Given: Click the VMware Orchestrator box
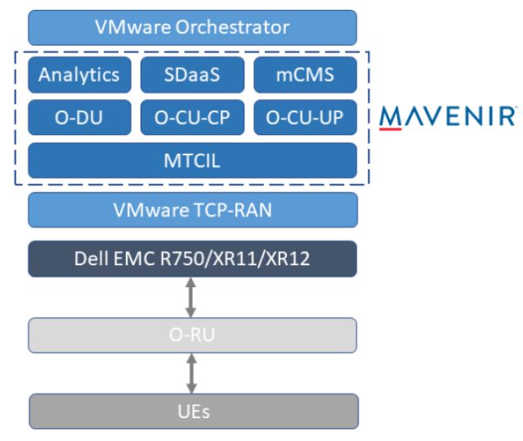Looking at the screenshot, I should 192,27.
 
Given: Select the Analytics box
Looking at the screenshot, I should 79,75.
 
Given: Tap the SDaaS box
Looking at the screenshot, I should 192,75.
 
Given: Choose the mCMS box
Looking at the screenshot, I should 305,75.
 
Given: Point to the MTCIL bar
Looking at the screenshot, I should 192,160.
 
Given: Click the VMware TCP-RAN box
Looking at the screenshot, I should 192,210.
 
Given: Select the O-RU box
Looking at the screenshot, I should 192,335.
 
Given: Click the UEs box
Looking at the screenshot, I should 192,410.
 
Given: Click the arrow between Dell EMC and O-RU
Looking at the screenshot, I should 192,297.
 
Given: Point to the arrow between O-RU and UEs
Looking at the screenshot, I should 192,372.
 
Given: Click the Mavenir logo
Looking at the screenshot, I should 448,116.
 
